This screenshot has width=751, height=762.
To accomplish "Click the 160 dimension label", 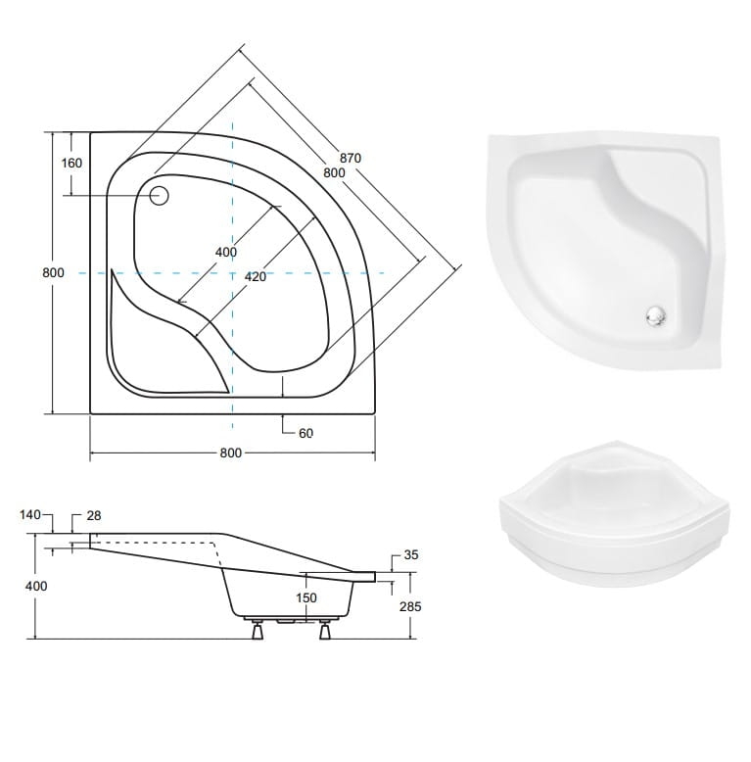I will [x=71, y=164].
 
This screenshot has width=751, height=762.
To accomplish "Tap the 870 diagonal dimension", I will [x=351, y=158].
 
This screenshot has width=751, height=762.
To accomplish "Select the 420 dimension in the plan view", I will [x=255, y=277].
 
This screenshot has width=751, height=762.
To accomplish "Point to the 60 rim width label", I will [x=305, y=433].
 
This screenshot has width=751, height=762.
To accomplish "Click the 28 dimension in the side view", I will [x=94, y=515].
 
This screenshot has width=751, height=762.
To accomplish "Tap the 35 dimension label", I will [x=411, y=555].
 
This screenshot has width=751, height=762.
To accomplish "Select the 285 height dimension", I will [x=410, y=607].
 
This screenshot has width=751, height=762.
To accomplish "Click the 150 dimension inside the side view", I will [x=306, y=597].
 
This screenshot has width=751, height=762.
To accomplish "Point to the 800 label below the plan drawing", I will [x=230, y=453].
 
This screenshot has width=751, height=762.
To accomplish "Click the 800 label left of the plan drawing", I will [x=54, y=273].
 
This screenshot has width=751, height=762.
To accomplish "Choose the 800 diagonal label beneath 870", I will [x=335, y=172].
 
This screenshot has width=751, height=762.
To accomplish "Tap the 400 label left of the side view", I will [x=36, y=585].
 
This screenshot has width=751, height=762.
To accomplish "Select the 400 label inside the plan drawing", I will [x=225, y=253].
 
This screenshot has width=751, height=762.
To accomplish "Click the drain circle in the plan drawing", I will [x=160, y=193].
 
